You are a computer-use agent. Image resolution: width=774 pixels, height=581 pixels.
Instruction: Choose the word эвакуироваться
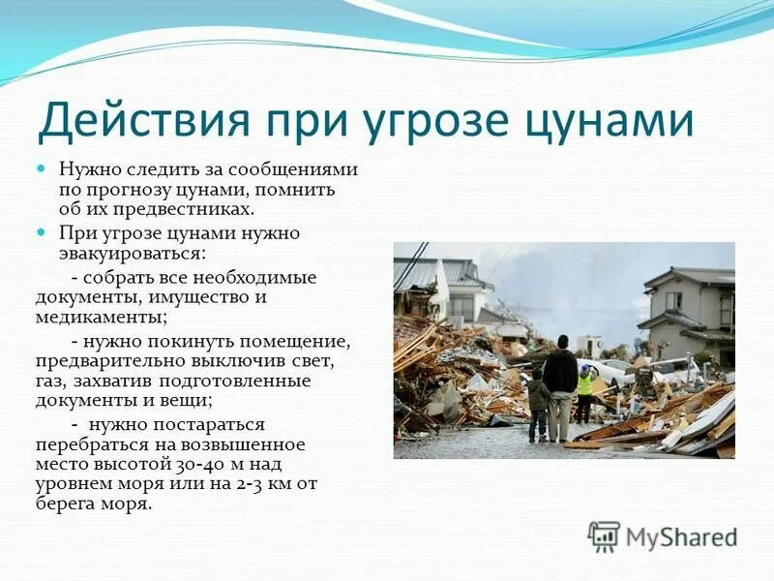click(132, 253)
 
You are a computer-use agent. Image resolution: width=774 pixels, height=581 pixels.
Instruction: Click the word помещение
click(299, 342)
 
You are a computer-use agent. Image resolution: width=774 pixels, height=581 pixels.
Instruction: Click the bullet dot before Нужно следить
click(42, 168)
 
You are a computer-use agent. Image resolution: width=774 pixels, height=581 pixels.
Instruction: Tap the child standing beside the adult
click(538, 407)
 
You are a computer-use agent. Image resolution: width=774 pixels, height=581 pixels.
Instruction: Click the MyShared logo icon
click(604, 536)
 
